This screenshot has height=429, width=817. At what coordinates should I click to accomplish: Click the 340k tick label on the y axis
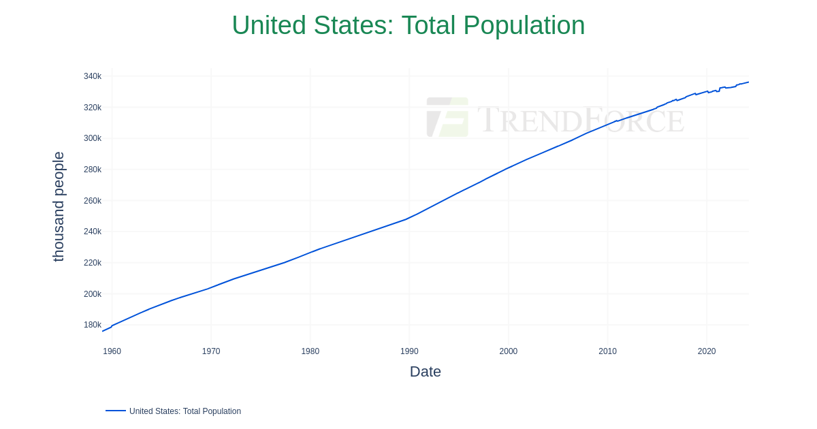pyautogui.click(x=93, y=76)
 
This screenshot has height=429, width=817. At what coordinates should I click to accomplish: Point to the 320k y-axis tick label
pyautogui.click(x=93, y=108)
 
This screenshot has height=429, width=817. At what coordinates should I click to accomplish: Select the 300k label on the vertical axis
pyautogui.click(x=93, y=138)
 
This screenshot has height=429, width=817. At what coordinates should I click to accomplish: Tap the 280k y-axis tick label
pyautogui.click(x=93, y=170)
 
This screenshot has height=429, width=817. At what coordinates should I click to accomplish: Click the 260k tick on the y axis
pyautogui.click(x=93, y=201)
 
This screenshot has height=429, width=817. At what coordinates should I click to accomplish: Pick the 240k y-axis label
pyautogui.click(x=93, y=232)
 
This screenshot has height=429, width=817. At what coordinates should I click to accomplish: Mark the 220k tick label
pyautogui.click(x=93, y=263)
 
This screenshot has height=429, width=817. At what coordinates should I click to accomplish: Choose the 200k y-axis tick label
pyautogui.click(x=93, y=293)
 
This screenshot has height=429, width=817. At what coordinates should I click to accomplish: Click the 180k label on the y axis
pyautogui.click(x=93, y=325)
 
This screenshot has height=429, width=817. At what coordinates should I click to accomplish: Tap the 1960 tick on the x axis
pyautogui.click(x=112, y=351)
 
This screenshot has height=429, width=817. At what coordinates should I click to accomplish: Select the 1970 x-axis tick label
pyautogui.click(x=211, y=351)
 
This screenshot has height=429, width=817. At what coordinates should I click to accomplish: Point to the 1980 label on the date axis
pyautogui.click(x=310, y=351)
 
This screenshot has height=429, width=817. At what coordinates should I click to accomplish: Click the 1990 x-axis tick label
pyautogui.click(x=409, y=351)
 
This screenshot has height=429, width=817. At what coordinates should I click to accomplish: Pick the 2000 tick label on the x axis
pyautogui.click(x=509, y=351)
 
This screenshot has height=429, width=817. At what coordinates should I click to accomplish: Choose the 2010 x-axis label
pyautogui.click(x=607, y=351)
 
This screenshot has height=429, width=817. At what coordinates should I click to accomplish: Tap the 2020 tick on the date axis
pyautogui.click(x=707, y=351)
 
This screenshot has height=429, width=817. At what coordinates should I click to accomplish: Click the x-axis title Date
pyautogui.click(x=426, y=372)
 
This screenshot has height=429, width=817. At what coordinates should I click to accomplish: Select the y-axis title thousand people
pyautogui.click(x=59, y=207)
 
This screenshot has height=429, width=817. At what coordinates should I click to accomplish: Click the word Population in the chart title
pyautogui.click(x=524, y=26)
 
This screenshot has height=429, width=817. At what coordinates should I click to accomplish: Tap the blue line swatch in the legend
pyautogui.click(x=116, y=411)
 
